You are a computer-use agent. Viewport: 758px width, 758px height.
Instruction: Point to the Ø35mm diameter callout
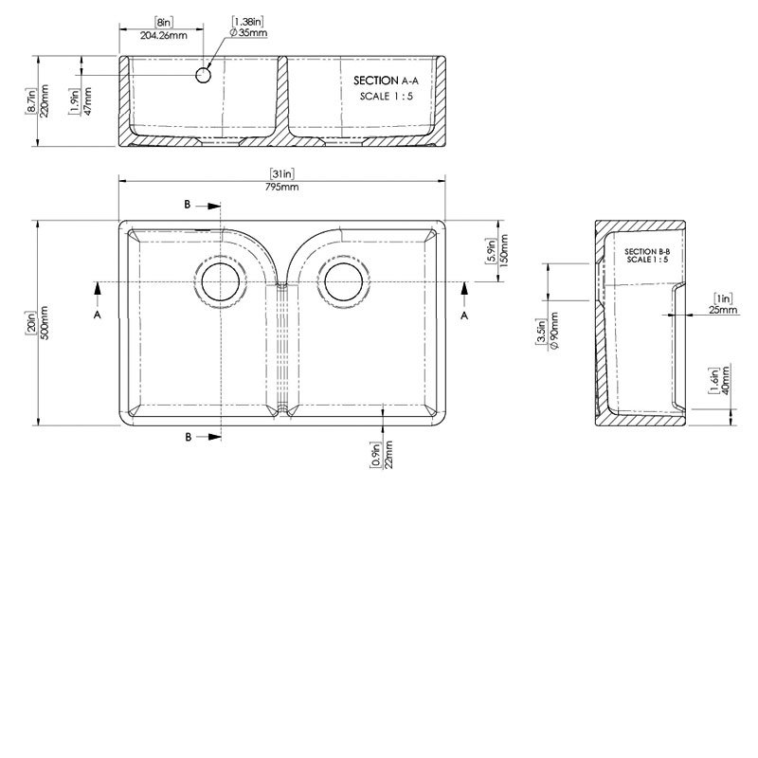pyautogui.click(x=248, y=32)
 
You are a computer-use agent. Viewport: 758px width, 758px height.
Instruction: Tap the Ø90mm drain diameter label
pyautogui.click(x=552, y=333)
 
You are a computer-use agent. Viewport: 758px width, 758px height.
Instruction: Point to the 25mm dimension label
pyautogui.click(x=723, y=309)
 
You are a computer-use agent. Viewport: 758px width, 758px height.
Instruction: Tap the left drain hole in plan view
pyautogui.click(x=220, y=281)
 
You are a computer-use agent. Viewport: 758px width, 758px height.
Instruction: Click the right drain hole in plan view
pyautogui.click(x=342, y=281)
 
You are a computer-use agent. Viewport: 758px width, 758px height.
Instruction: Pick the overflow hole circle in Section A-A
pyautogui.click(x=203, y=74)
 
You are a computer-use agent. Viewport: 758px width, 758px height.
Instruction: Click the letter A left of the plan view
pyautogui.click(x=98, y=316)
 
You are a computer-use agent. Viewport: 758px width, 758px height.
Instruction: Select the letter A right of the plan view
pyautogui.click(x=464, y=316)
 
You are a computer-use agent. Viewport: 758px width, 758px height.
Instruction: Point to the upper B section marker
pyautogui.click(x=188, y=204)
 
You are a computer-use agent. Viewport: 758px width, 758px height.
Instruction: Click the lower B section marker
pyautogui.click(x=188, y=436)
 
